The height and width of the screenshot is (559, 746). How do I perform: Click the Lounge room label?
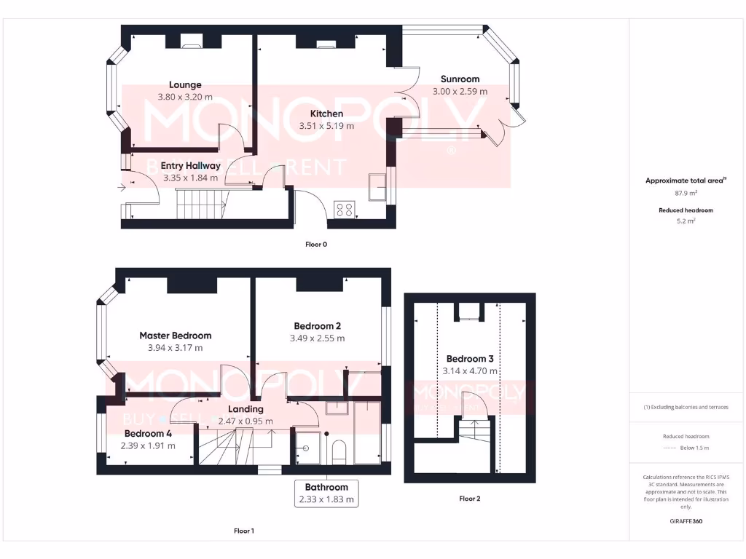coord(185,84)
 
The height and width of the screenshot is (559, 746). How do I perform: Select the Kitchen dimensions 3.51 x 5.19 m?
coord(326,126)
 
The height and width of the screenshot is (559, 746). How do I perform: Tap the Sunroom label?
coord(460,79)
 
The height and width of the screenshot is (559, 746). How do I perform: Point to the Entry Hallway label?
coord(190,166)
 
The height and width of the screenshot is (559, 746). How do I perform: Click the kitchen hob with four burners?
coord(344,210)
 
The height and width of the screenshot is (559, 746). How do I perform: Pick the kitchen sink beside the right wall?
coord(378,188)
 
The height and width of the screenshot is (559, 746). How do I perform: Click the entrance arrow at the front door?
coord(120,187)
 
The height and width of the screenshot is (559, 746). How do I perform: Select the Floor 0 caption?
coord(315,245)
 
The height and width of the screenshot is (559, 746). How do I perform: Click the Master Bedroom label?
coord(176,336)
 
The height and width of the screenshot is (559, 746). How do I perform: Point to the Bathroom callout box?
coord(326,493)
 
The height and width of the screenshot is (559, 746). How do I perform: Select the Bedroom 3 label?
coord(470,359)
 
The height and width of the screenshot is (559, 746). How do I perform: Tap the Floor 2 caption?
coord(469,499)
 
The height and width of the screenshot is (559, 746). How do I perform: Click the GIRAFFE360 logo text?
coord(686,521)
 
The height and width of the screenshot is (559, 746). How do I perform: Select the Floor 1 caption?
coord(243,531)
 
